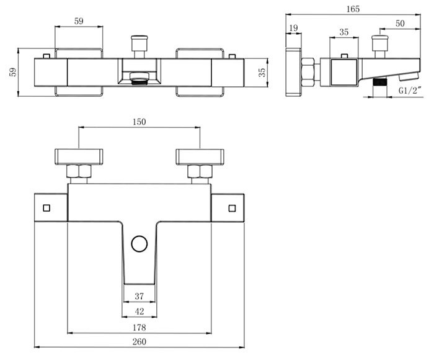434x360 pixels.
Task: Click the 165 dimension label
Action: [x=353, y=9]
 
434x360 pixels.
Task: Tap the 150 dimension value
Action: [x=139, y=122]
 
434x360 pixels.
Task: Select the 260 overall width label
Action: [x=139, y=341]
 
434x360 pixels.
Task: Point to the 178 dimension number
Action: [x=139, y=328]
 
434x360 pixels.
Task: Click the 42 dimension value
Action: [x=139, y=312]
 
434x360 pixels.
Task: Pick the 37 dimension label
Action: [x=139, y=296]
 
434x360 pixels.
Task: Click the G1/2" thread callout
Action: [x=410, y=91]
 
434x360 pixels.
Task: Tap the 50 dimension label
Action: [x=400, y=24]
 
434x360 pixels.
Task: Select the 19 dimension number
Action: [x=293, y=28]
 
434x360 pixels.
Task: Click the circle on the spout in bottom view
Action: [x=139, y=244]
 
